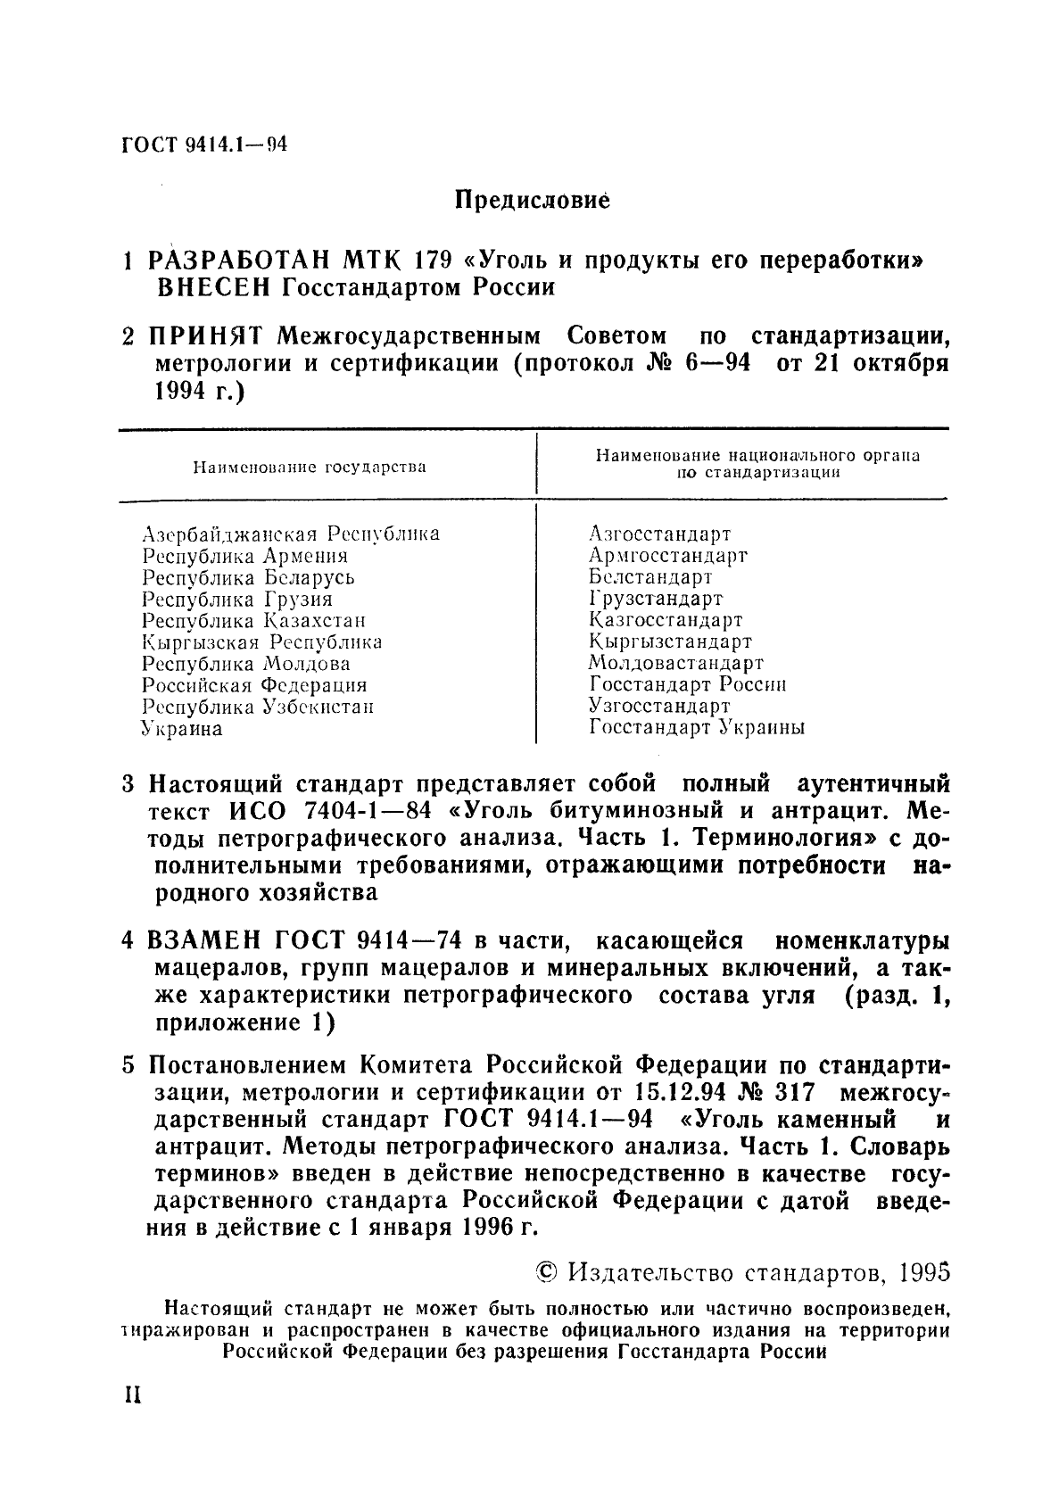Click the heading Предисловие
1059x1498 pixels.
[532, 200]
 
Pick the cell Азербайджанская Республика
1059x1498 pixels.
[291, 534]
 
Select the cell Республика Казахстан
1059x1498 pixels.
[254, 620]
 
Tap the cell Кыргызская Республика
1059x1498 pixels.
[262, 641]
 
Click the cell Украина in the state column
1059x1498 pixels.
[182, 729]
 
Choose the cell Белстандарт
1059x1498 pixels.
[649, 576]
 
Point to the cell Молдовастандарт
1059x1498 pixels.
[675, 663]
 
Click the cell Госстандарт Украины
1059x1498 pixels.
[697, 728]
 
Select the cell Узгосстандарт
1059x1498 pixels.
[658, 706]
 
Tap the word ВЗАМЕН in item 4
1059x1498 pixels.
[204, 940]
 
